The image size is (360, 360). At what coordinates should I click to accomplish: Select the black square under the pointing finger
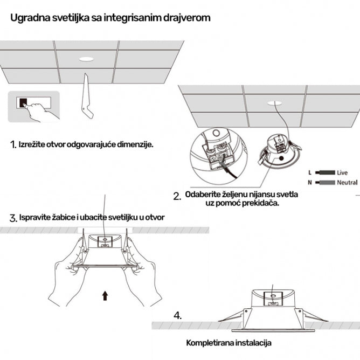click(x=23, y=101)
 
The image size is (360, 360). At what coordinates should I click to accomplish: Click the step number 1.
click(x=12, y=145)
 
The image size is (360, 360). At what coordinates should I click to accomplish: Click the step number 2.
click(x=177, y=197)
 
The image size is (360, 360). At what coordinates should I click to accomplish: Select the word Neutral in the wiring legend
click(x=347, y=183)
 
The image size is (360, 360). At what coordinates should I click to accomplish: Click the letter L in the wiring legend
click(x=309, y=172)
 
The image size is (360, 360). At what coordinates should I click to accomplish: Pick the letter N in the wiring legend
click(x=309, y=183)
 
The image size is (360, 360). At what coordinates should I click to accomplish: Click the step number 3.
click(x=13, y=218)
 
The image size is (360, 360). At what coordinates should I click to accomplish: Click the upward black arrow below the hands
click(x=105, y=295)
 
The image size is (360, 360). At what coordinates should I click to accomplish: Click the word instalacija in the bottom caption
click(x=254, y=343)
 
